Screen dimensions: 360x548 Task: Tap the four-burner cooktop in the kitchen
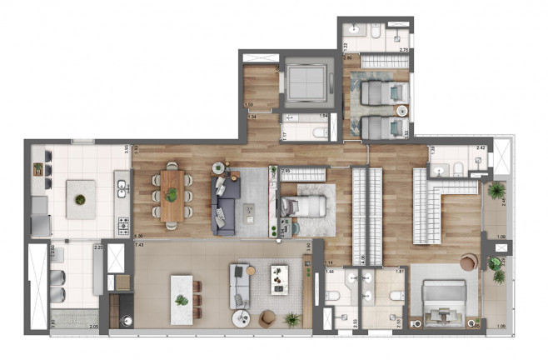[x=122, y=224]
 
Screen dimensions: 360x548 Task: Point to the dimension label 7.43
[x=140, y=246]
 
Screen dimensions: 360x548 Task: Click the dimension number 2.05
[x=92, y=330]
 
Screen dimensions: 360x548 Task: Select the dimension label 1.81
[x=400, y=272]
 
